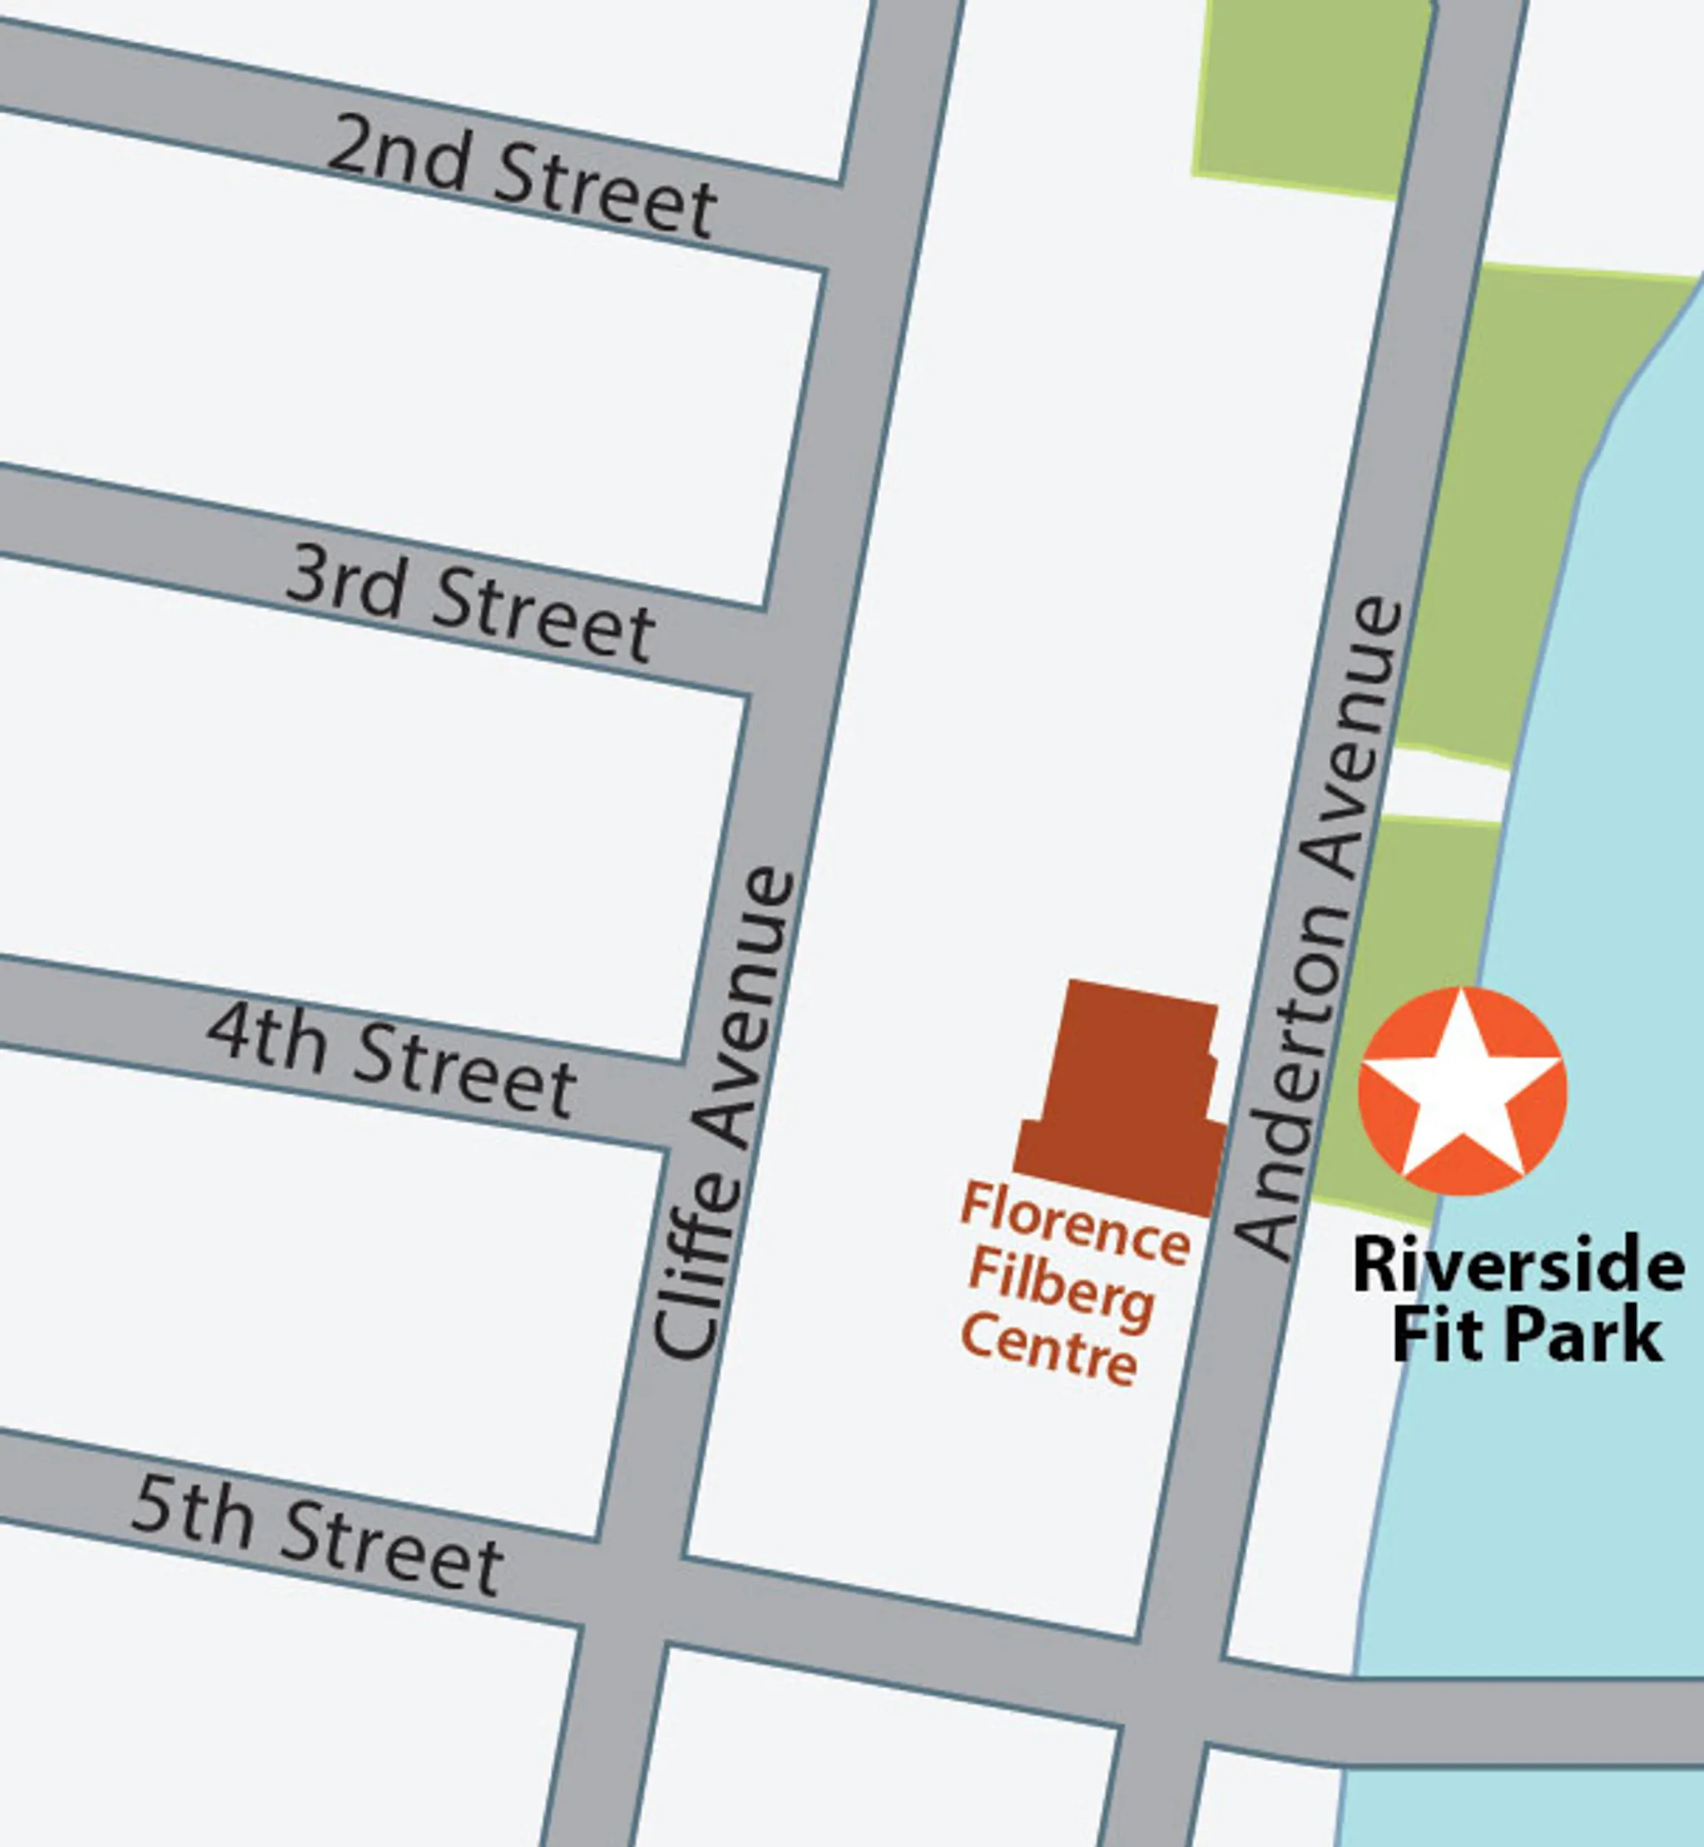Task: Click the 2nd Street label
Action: coord(522,176)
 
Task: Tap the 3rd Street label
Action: coord(470,603)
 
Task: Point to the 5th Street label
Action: coord(317,1539)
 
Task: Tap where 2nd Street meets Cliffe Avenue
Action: coord(880,226)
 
